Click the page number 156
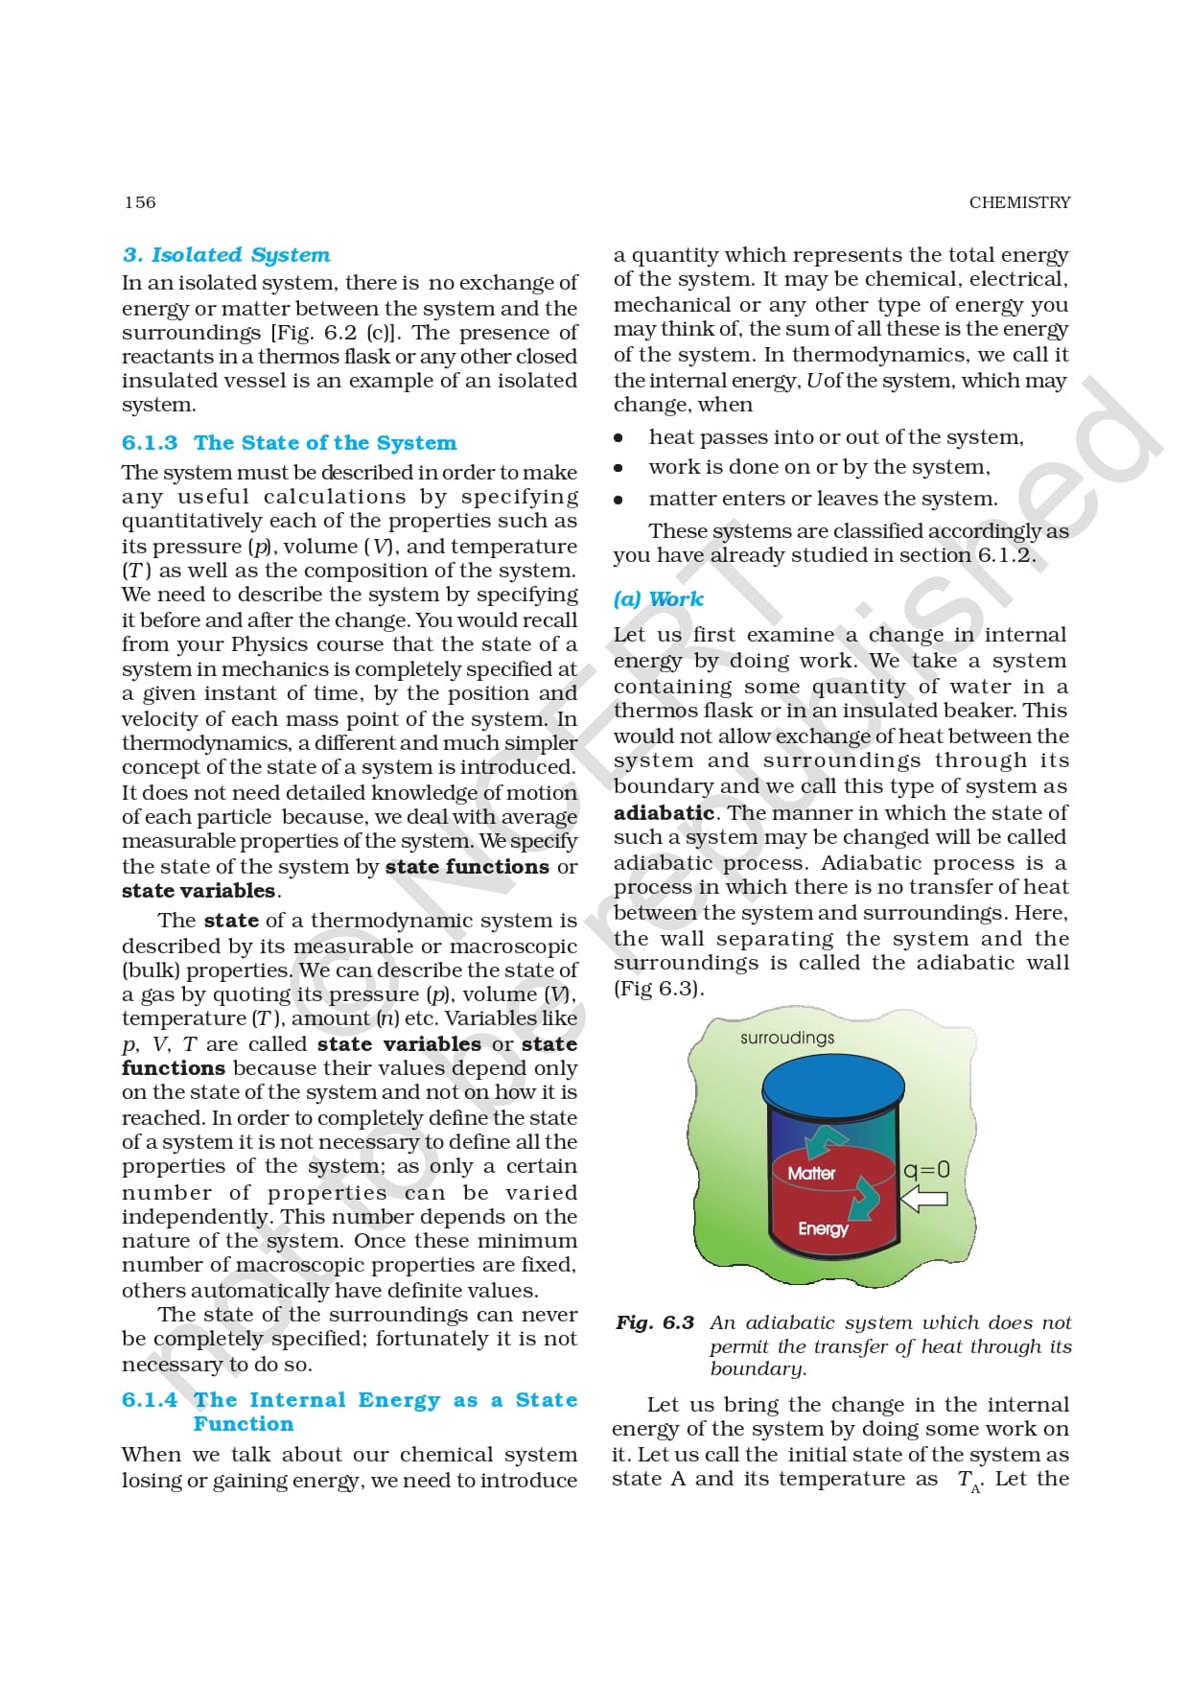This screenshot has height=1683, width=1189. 140,202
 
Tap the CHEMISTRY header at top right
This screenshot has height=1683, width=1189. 1019,202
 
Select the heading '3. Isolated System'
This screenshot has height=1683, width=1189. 226,255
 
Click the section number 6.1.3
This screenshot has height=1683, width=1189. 150,443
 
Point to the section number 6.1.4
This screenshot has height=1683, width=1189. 150,1400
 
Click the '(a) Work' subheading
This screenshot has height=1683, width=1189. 658,599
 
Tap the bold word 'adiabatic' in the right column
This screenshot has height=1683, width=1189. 664,813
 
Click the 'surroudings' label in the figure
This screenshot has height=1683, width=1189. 787,1038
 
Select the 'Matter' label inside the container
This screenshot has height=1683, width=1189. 811,1173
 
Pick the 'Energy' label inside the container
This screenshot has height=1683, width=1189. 823,1228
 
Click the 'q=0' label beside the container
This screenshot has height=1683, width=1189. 926,1170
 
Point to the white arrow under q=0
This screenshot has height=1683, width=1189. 924,1199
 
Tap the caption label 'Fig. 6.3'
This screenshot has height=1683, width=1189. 655,1323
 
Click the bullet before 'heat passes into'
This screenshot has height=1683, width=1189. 618,438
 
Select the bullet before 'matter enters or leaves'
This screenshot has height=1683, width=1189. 618,500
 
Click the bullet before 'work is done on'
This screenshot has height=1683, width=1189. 618,468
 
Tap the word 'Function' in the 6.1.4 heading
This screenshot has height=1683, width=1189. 244,1425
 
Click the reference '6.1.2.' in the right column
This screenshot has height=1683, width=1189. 1007,555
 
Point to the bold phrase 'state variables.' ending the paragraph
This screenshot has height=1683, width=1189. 200,891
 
